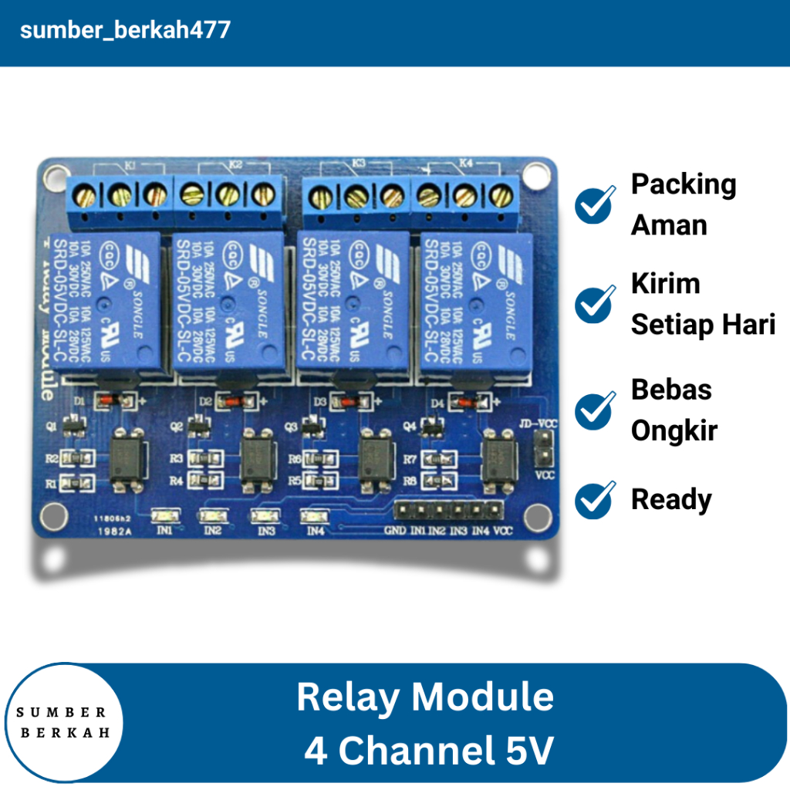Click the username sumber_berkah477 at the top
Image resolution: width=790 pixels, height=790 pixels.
pos(125,31)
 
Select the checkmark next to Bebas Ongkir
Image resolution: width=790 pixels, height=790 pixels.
pos(595,410)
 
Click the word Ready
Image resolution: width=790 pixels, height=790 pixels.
pos(671,499)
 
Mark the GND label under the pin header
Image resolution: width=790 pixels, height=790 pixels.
pos(394,531)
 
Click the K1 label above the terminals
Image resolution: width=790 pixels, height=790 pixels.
pos(130,165)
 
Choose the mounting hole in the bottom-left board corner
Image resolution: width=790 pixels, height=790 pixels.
pos(52,514)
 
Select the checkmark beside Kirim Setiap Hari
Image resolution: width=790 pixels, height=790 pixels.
pos(595,304)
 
